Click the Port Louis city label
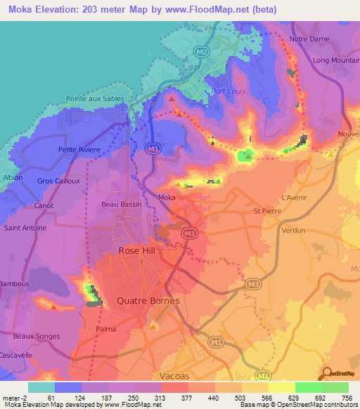(x=227, y=91)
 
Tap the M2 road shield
(x=202, y=53)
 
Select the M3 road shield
(x=254, y=284)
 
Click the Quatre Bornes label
(x=148, y=301)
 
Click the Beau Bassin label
(x=122, y=204)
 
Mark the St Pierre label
(x=266, y=210)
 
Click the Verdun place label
(x=292, y=230)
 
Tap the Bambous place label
(x=16, y=284)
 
